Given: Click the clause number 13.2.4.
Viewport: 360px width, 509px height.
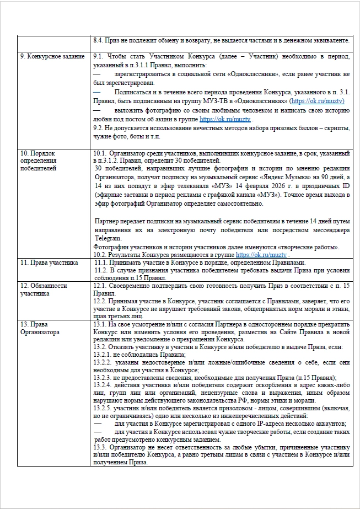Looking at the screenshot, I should coord(103,384).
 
